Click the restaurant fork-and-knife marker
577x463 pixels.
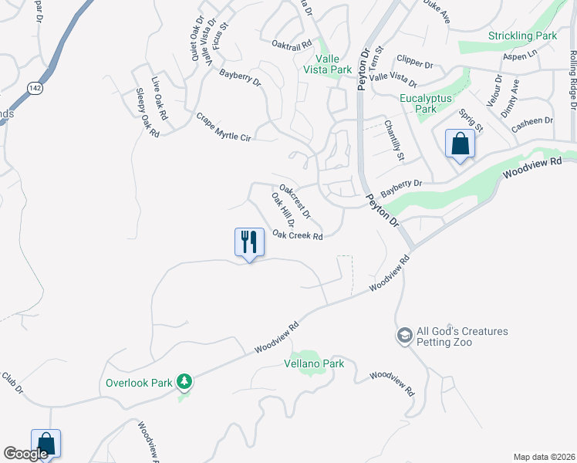tap(249, 242)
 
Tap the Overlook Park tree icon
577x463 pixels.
tap(184, 381)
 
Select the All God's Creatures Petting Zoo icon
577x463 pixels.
tap(404, 336)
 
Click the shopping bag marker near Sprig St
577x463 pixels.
tap(460, 144)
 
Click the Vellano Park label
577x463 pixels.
tap(313, 363)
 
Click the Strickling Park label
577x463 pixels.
tap(522, 35)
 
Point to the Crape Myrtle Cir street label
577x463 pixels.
tap(224, 127)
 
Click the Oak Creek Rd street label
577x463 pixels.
tap(297, 236)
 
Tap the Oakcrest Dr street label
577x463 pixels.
tap(295, 200)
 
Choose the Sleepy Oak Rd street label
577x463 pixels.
tap(147, 113)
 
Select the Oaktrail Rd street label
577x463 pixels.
tap(292, 46)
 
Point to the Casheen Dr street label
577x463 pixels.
tap(533, 120)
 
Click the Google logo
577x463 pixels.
tap(25, 454)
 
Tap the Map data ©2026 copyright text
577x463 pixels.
tap(543, 456)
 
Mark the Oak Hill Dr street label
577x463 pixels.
tap(283, 210)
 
